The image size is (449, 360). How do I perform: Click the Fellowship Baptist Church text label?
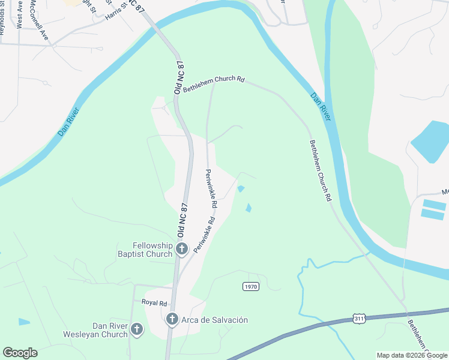[152, 250]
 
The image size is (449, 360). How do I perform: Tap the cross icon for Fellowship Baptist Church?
[182, 247]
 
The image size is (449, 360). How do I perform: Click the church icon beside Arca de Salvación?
[172, 320]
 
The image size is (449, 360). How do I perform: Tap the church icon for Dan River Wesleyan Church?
[137, 329]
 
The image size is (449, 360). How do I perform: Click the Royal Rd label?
[154, 302]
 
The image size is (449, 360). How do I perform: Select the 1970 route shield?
[251, 287]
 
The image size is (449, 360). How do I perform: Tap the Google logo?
[20, 353]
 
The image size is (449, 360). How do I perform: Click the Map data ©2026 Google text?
[411, 355]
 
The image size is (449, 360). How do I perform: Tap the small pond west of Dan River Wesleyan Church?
[24, 322]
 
